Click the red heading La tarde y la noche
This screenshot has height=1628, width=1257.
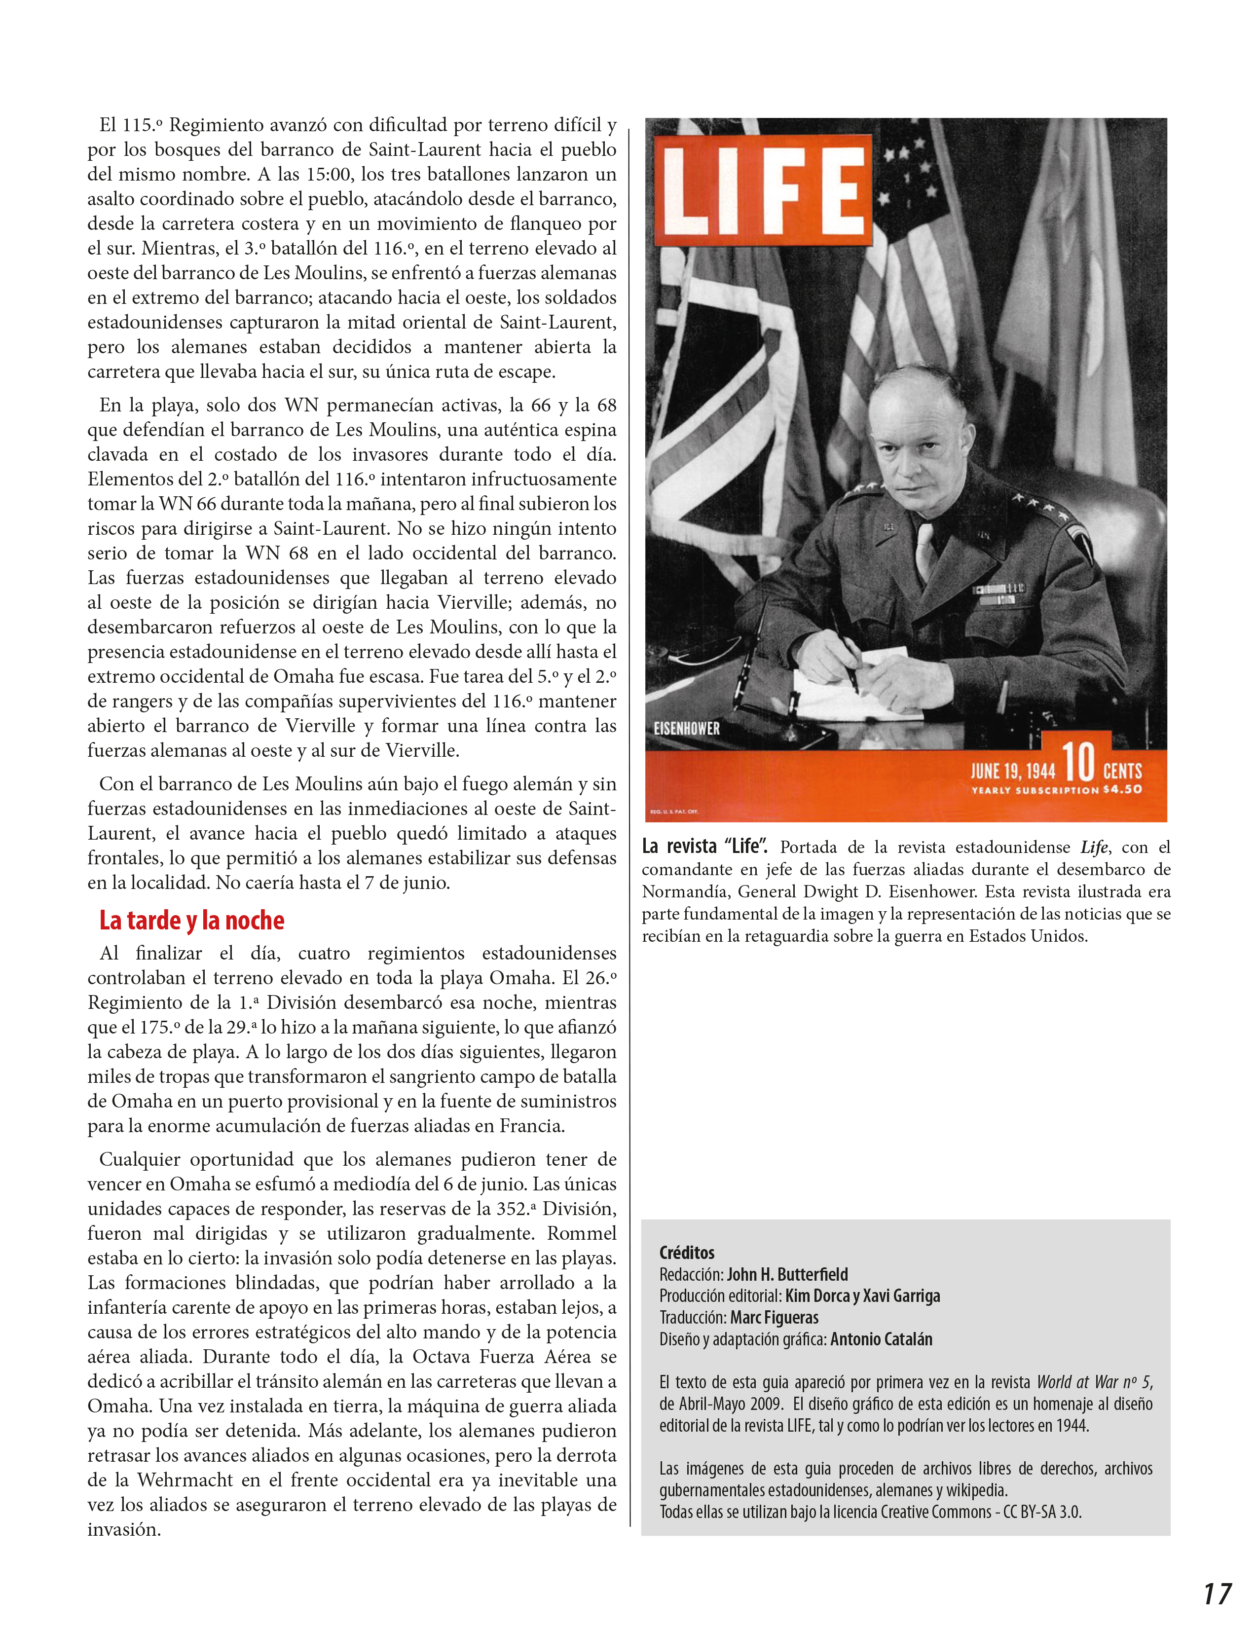[x=191, y=921]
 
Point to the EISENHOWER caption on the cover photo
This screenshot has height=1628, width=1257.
[x=687, y=728]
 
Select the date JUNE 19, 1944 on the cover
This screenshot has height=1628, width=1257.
[x=1012, y=770]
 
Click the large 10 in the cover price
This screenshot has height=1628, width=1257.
[x=1077, y=763]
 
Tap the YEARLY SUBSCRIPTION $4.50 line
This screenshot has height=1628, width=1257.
[x=1056, y=789]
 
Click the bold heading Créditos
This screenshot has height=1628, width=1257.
[x=687, y=1252]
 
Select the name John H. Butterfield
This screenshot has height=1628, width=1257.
[x=787, y=1275]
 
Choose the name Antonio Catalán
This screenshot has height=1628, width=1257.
[x=881, y=1339]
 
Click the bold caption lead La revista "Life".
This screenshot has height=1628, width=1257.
[x=705, y=846]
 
